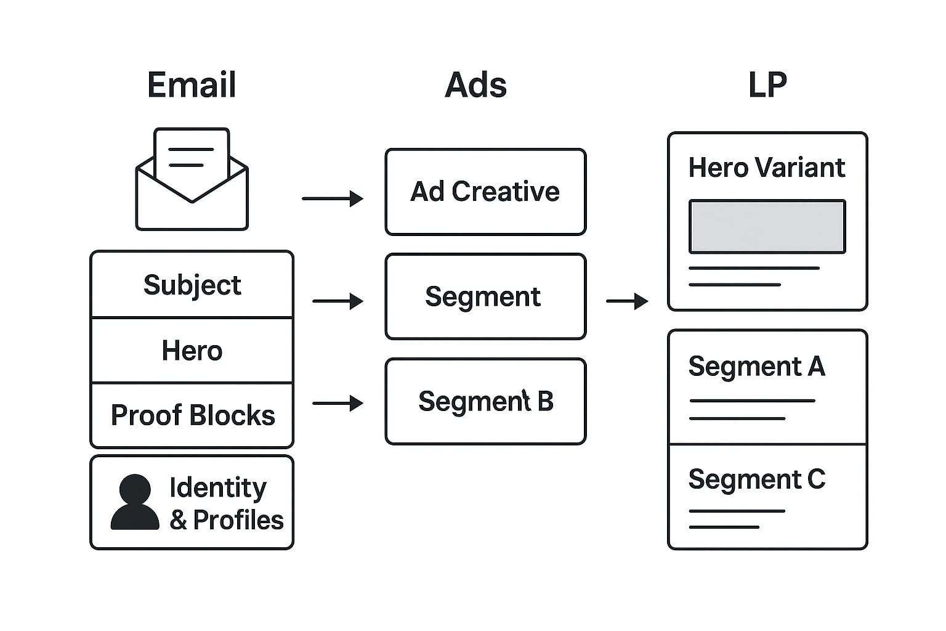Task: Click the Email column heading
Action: click(192, 85)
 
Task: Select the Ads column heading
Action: click(475, 85)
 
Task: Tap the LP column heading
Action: click(767, 85)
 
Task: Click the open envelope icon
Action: click(192, 179)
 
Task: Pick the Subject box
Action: click(192, 285)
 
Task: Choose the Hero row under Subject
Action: click(192, 351)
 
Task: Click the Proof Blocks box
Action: click(192, 415)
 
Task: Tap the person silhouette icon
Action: click(135, 502)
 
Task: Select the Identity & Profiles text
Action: click(225, 503)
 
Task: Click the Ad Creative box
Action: click(485, 192)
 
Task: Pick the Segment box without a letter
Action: click(485, 296)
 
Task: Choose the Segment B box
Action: click(485, 401)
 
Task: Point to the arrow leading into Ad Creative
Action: click(333, 198)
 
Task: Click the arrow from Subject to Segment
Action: click(338, 301)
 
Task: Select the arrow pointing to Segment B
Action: click(338, 404)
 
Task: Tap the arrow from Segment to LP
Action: click(627, 301)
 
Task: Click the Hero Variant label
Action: click(767, 168)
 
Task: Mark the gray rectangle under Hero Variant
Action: click(767, 226)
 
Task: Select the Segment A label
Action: click(756, 367)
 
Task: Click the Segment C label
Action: click(756, 479)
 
